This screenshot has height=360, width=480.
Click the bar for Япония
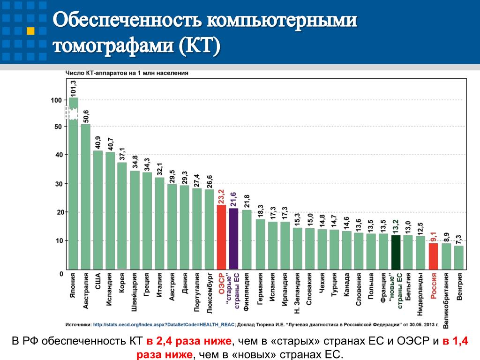pos(74,187)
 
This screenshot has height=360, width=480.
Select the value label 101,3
pos(74,88)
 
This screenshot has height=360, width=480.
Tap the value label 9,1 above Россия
pos(434,236)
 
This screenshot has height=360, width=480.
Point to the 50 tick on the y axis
pos(57,127)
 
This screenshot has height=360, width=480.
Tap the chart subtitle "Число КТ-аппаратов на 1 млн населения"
pos(126,73)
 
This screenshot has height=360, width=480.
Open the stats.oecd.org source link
pos(164,323)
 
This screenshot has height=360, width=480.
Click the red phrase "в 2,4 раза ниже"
pos(187,342)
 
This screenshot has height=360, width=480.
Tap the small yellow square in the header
pos(30,31)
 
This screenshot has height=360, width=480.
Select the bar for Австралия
pos(86,197)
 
